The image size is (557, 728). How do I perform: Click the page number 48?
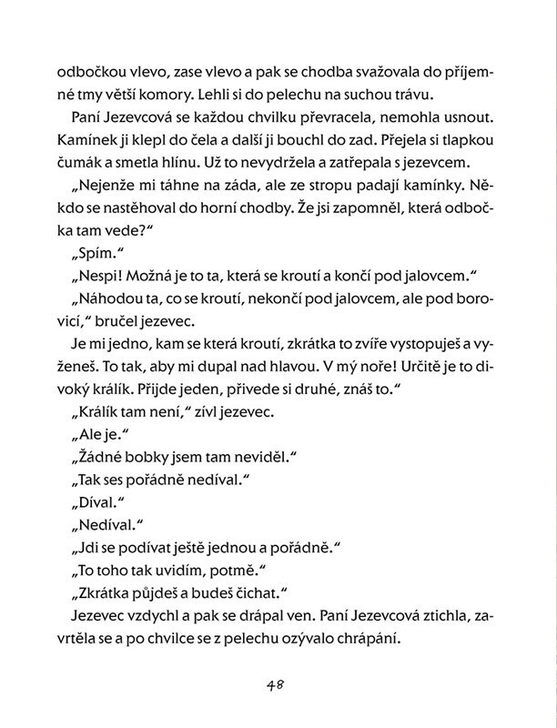pos(278,685)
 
